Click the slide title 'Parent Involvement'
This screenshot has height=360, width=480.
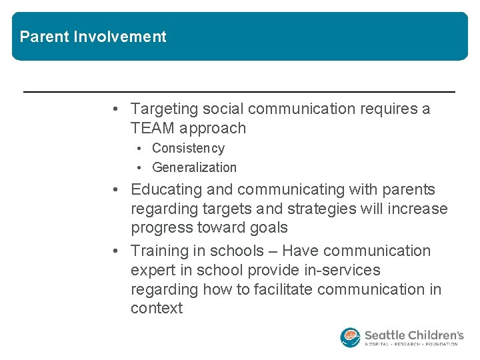tap(93, 37)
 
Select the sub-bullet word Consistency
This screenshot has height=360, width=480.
tap(188, 148)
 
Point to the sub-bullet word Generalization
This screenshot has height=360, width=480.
tap(194, 167)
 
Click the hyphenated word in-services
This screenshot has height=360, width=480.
tap(341, 270)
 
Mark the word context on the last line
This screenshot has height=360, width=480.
tap(157, 308)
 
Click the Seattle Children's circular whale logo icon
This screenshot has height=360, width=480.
tap(350, 337)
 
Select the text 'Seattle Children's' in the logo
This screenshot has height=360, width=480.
tap(413, 334)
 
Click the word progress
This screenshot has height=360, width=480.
tap(159, 227)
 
